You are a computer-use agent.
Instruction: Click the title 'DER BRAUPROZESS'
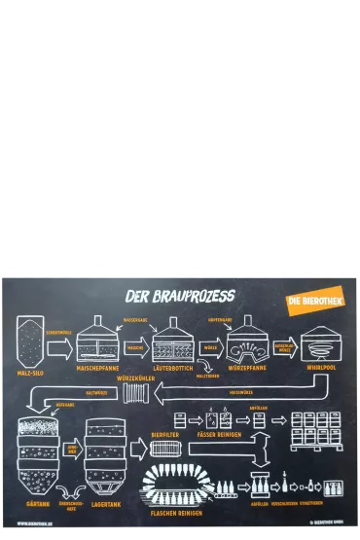pyautogui.click(x=181, y=294)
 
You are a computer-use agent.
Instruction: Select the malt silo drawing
pyautogui.click(x=29, y=342)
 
